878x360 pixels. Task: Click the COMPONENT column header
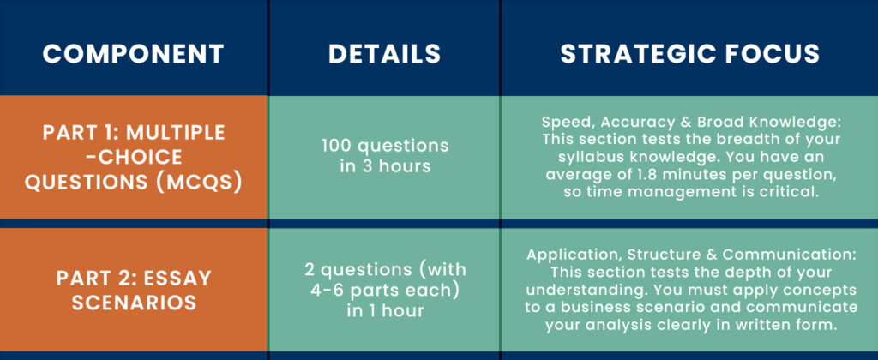pyautogui.click(x=133, y=54)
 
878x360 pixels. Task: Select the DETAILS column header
pyautogui.click(x=385, y=54)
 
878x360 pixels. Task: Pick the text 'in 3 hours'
pyautogui.click(x=385, y=166)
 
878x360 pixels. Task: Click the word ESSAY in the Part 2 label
pyautogui.click(x=181, y=278)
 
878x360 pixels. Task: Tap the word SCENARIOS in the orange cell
pyautogui.click(x=134, y=303)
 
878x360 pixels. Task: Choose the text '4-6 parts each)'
pyautogui.click(x=385, y=290)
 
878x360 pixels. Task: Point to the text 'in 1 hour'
pyautogui.click(x=385, y=311)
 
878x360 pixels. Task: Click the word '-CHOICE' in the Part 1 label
pyautogui.click(x=134, y=158)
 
